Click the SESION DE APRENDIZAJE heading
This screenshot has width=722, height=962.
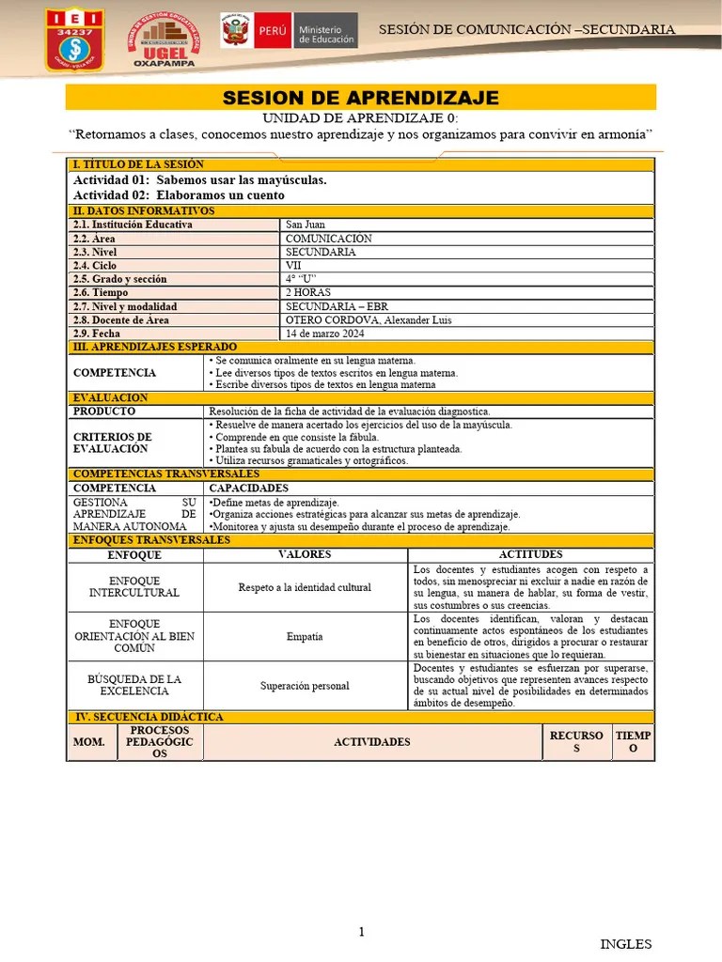tap(360, 98)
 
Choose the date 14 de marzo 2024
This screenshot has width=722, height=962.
tap(325, 334)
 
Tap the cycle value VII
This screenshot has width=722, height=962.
tap(294, 266)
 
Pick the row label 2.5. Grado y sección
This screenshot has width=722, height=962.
tap(119, 279)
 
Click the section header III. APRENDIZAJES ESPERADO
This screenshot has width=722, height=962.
tap(155, 347)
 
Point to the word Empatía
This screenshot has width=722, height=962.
tap(305, 636)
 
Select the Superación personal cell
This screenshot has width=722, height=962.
tap(305, 686)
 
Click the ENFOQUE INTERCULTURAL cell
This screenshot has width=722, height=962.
tap(133, 587)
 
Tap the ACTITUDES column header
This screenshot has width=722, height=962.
tap(531, 554)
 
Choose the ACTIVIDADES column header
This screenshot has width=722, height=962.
tap(371, 742)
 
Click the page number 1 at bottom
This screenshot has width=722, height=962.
tap(361, 932)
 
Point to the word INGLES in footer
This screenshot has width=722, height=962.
tap(625, 944)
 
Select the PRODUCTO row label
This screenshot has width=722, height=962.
tap(104, 411)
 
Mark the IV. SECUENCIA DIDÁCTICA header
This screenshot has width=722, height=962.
tap(149, 717)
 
